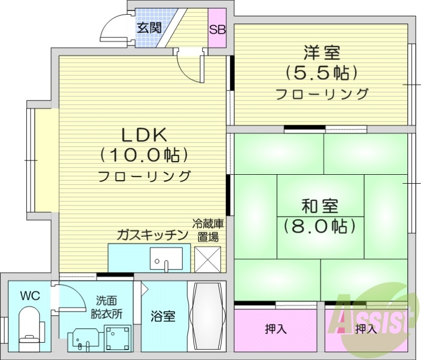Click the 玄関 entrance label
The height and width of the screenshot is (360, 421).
coord(149,28)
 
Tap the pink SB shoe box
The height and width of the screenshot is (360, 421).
coord(217,29)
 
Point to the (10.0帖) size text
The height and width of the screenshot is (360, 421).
coord(144,155)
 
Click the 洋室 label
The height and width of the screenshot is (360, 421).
coord(322,53)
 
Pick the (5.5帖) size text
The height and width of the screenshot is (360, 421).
coord(322,73)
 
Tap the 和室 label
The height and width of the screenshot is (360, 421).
coord(320,205)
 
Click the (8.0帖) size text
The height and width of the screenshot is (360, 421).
coord(320,226)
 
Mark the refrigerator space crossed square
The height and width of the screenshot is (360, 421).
coord(207,258)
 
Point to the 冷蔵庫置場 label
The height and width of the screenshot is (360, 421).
coord(208,230)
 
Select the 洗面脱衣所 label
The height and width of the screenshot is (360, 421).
coord(109,307)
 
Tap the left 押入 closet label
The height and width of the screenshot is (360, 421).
coord(275,329)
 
